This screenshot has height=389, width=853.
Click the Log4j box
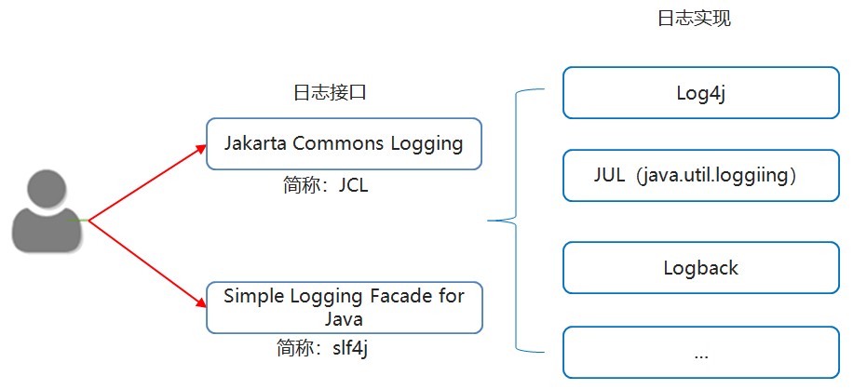[x=700, y=93]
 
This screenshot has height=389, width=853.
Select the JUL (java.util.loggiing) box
[x=700, y=175]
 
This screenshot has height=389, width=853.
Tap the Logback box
[x=700, y=268]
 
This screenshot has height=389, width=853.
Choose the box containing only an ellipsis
[x=700, y=353]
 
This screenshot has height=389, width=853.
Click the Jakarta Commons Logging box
[x=344, y=143]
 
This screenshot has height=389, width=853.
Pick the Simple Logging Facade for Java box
[x=344, y=307]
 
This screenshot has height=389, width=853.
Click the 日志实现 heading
[x=694, y=19]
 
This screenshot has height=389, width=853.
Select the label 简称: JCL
[x=325, y=184]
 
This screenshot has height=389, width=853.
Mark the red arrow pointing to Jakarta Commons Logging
[x=147, y=182]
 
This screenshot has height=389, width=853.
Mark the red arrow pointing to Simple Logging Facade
[x=147, y=262]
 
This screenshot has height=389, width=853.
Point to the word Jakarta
[x=255, y=143]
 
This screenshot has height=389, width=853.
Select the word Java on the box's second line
[x=344, y=318]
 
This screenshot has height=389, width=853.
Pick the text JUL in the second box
[x=609, y=175]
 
